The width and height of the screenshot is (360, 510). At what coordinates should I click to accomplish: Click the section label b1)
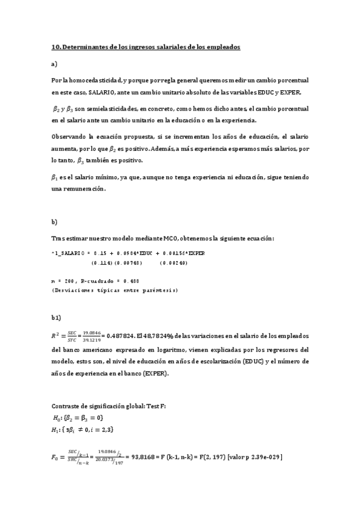(x=56, y=316)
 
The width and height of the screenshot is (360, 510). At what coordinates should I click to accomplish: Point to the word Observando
(x=68, y=137)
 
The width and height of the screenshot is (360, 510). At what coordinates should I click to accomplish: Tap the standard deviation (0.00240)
(x=175, y=263)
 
